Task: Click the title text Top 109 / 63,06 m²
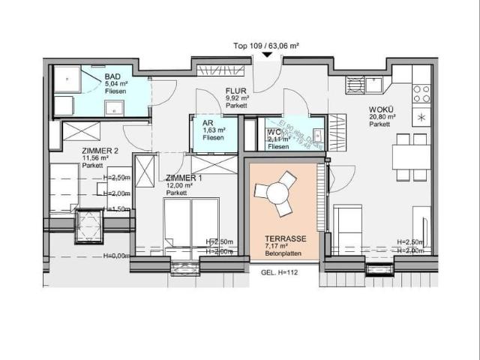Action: pos(267,46)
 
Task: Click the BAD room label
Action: pos(113,77)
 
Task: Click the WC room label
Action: pos(274,133)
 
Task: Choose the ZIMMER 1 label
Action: pos(184,178)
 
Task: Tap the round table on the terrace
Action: pos(277,193)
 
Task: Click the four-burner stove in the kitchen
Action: pos(421,93)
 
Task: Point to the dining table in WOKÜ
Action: pos(411,157)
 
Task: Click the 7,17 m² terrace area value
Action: pos(275,245)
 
